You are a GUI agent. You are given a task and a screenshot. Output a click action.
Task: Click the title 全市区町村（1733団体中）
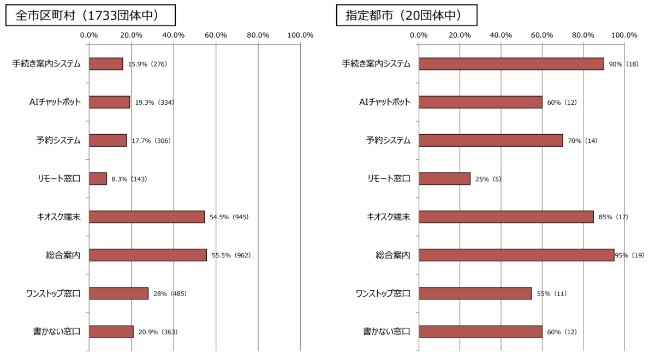(x=90, y=16)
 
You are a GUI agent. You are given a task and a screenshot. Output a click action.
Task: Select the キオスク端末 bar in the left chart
(x=146, y=217)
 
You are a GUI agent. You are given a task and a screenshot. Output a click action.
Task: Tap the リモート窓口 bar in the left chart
(x=98, y=178)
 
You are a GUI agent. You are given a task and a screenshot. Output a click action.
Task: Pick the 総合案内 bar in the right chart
(x=516, y=255)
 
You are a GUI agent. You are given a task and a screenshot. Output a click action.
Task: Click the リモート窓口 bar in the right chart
(x=444, y=178)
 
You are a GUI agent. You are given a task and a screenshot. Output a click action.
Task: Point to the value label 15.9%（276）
(x=147, y=64)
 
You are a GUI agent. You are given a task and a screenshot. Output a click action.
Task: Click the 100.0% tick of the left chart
(x=300, y=35)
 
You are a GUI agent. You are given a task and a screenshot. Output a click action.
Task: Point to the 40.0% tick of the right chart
(x=501, y=35)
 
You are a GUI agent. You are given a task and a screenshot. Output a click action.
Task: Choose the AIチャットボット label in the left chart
(x=55, y=102)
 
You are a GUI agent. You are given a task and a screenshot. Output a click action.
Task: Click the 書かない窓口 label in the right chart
(x=386, y=331)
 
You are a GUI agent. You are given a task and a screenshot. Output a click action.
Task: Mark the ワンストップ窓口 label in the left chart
(x=53, y=293)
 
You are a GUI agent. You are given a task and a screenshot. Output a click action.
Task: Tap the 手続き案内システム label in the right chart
(x=376, y=64)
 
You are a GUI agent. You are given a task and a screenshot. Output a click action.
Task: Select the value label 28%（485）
(x=170, y=293)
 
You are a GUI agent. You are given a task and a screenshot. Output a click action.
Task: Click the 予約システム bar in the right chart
(x=491, y=140)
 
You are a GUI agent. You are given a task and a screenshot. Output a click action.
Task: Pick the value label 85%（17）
(x=613, y=217)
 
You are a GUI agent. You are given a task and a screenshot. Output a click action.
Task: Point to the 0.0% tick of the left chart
(x=89, y=35)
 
